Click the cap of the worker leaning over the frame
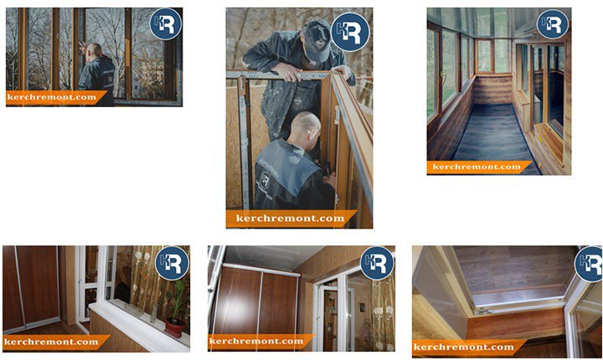point(317,39)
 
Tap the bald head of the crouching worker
point(305,128)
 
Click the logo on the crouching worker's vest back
point(265,180)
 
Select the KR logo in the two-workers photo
point(350,33)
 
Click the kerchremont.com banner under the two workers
point(291,219)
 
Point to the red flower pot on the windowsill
point(175,327)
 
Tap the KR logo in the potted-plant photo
point(172,263)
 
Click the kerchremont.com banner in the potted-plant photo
point(56,342)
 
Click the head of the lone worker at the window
point(94,51)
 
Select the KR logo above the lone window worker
point(166,23)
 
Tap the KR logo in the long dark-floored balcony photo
point(553,23)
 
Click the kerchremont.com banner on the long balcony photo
point(479,167)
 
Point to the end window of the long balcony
point(492,56)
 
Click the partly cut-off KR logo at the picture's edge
point(589,264)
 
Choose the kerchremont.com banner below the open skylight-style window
point(468,347)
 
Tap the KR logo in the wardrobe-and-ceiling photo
point(377,263)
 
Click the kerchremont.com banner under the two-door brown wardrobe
point(260,342)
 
